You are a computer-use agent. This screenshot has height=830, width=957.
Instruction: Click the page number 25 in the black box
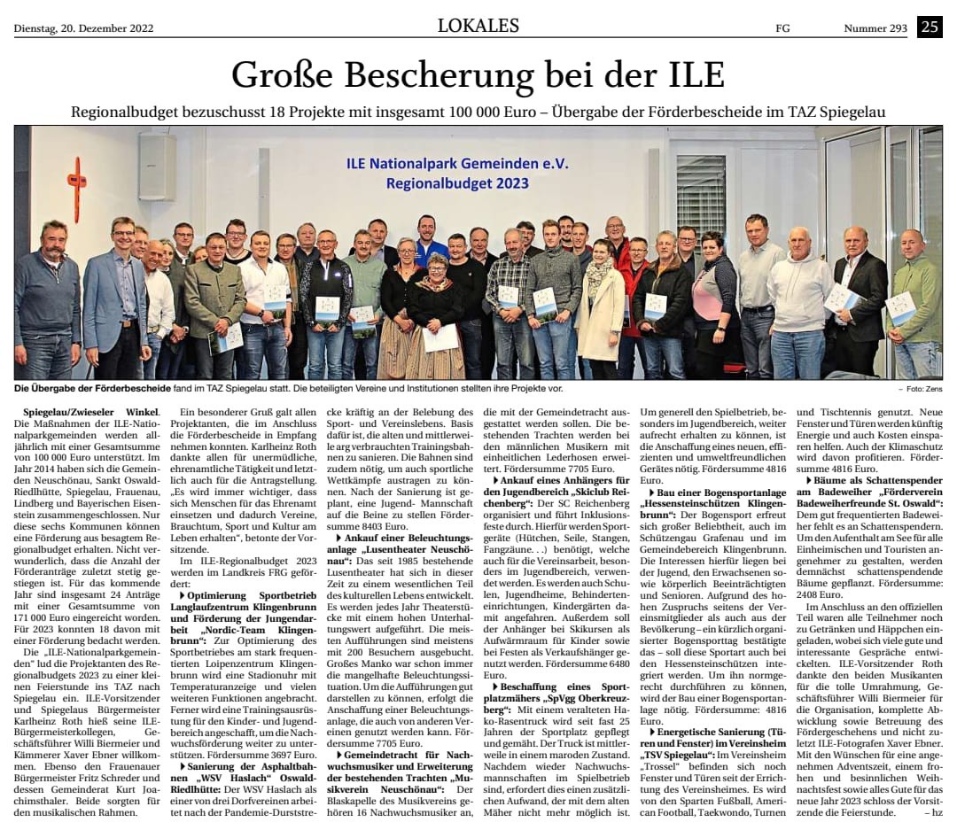pyautogui.click(x=930, y=27)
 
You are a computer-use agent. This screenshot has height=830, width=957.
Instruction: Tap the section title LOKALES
pyautogui.click(x=478, y=27)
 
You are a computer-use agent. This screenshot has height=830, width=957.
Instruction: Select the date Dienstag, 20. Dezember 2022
pyautogui.click(x=83, y=28)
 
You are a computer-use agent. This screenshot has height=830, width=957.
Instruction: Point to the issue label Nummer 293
pyautogui.click(x=875, y=28)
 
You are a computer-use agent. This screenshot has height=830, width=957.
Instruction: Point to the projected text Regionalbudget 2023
pyautogui.click(x=457, y=183)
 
